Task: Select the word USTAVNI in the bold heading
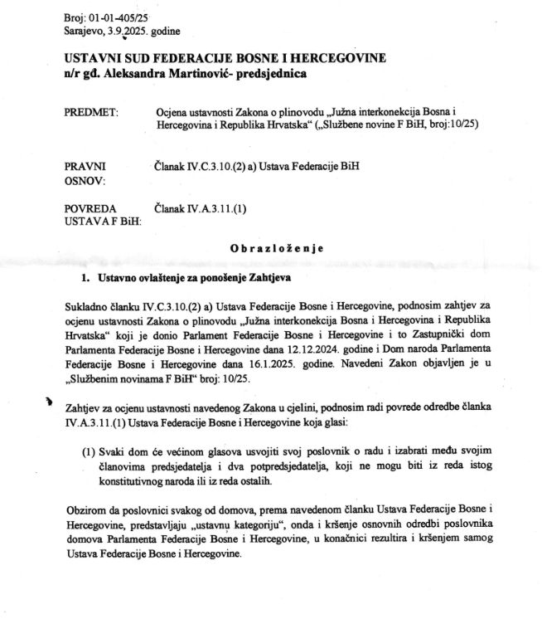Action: (x=93, y=58)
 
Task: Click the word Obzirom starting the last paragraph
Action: (x=86, y=511)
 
